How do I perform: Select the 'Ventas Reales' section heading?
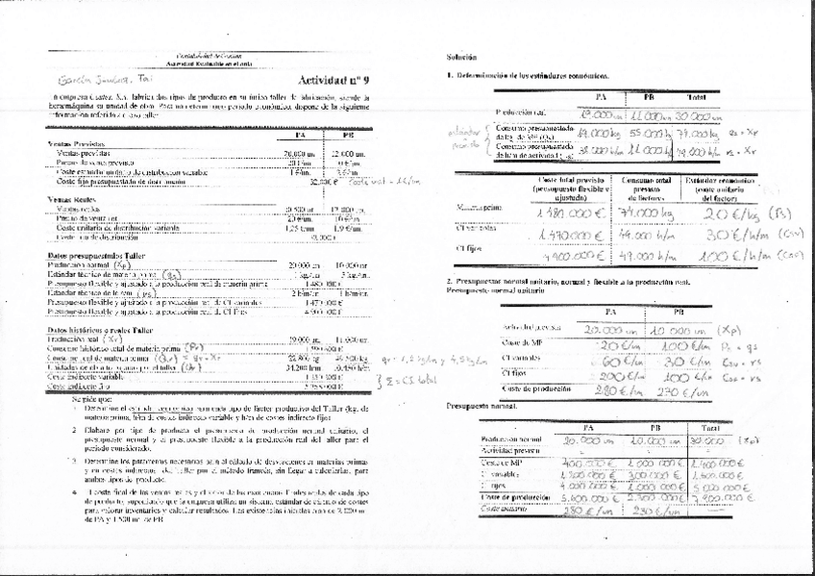pos(71,198)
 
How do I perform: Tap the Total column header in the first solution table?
pos(696,97)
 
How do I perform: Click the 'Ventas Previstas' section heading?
pos(76,143)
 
